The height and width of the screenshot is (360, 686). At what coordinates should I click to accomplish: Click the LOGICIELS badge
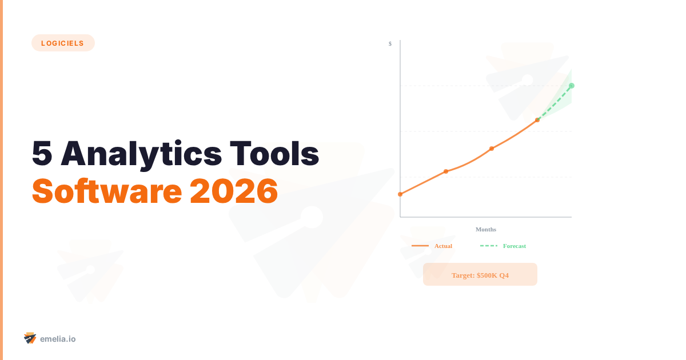pos(63,43)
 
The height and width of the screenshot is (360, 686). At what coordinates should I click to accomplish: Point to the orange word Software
pos(105,191)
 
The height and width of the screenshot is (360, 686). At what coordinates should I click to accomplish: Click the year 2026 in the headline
pos(234,191)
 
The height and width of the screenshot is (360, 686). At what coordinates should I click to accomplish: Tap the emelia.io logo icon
pos(30,338)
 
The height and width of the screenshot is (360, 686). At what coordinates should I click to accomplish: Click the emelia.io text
pos(58,339)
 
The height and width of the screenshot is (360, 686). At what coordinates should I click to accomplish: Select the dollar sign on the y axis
pos(390,43)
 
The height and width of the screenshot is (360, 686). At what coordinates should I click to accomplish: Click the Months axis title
pos(486,229)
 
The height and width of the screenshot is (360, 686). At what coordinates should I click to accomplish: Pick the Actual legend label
pos(443,246)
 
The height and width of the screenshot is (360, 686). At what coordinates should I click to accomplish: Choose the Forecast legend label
pos(514,246)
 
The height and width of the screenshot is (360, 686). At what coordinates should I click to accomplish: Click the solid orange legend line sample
pos(420,246)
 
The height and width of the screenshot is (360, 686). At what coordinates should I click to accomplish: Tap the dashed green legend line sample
pos(489,246)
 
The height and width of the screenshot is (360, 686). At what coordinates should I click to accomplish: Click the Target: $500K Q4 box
pos(480,274)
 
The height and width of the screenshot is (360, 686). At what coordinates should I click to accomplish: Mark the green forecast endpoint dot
pos(572,86)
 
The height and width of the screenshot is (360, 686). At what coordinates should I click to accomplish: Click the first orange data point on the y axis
pos(400,194)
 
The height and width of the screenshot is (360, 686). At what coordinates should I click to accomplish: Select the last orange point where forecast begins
pos(537,120)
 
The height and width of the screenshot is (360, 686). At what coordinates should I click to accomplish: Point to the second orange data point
pos(446,171)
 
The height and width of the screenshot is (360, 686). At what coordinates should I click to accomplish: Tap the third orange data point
pos(492,149)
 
